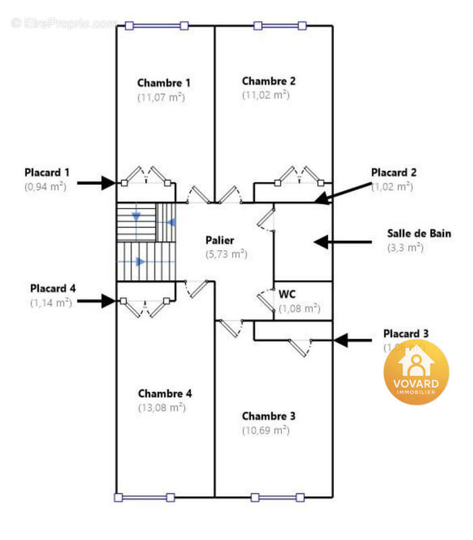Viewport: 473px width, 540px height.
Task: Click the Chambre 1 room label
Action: (164, 83)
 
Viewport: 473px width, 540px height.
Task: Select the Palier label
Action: (220, 240)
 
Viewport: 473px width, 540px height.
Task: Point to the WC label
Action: (287, 294)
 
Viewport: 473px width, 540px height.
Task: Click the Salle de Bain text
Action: (419, 234)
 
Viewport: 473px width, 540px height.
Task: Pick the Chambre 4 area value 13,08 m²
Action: (161, 408)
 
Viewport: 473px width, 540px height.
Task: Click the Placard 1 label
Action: (47, 172)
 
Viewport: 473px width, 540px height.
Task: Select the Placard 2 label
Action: (393, 172)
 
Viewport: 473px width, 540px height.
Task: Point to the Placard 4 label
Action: (53, 288)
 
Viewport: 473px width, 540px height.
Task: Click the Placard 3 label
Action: (406, 333)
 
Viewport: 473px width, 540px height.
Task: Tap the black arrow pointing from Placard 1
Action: (96, 182)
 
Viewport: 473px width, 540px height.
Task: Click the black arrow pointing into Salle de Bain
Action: (343, 241)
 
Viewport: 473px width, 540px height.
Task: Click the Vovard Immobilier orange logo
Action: (416, 372)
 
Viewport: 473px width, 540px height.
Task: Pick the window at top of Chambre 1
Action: (156, 26)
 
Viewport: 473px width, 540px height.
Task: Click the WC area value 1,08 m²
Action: (299, 308)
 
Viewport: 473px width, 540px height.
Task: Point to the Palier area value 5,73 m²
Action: (226, 254)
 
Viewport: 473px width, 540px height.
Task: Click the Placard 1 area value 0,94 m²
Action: (45, 186)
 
